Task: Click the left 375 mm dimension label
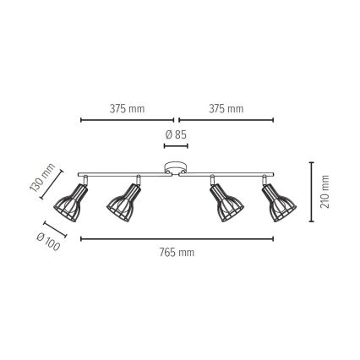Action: (x=127, y=109)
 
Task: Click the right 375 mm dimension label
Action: (x=226, y=109)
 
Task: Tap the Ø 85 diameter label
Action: (x=176, y=135)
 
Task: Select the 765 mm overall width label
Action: (x=177, y=253)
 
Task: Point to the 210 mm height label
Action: (x=325, y=192)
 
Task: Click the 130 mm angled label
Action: (x=42, y=177)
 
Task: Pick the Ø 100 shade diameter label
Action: (x=48, y=243)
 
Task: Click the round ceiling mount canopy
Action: (x=176, y=168)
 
